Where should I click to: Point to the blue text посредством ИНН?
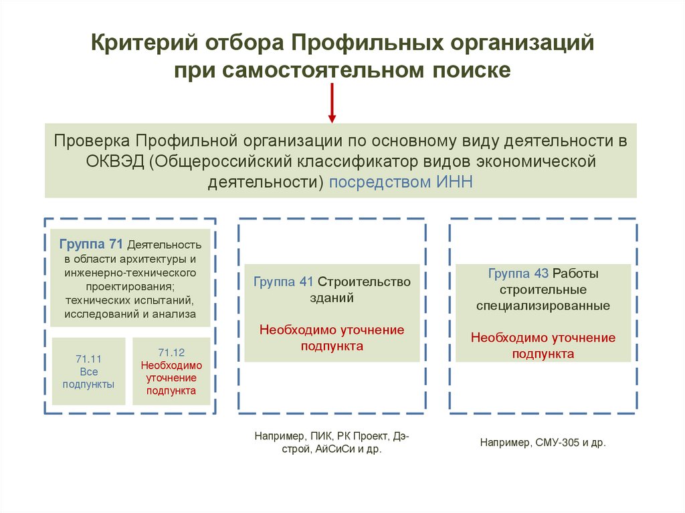coord(401,182)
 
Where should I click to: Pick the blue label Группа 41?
coord(283,282)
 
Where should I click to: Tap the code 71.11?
coord(88,359)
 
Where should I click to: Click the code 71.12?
coord(171,352)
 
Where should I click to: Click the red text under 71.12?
coord(171,378)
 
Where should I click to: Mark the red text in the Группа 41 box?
coord(332,338)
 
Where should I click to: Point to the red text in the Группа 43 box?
coord(543,346)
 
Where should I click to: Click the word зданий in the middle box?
coord(332,298)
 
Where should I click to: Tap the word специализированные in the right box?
coord(543,306)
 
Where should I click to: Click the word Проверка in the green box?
coord(92,141)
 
